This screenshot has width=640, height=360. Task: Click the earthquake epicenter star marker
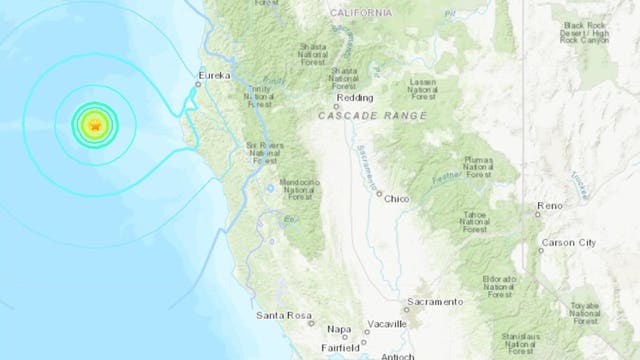click(x=95, y=126)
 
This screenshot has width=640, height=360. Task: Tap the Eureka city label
click(x=214, y=75)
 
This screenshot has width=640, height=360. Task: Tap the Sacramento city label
click(x=435, y=301)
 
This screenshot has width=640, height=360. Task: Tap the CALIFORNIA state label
click(x=361, y=13)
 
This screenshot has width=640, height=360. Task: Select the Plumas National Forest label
click(x=481, y=168)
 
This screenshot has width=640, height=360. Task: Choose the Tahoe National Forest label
click(x=476, y=222)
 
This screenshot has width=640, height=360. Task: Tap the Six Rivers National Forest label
click(x=264, y=153)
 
